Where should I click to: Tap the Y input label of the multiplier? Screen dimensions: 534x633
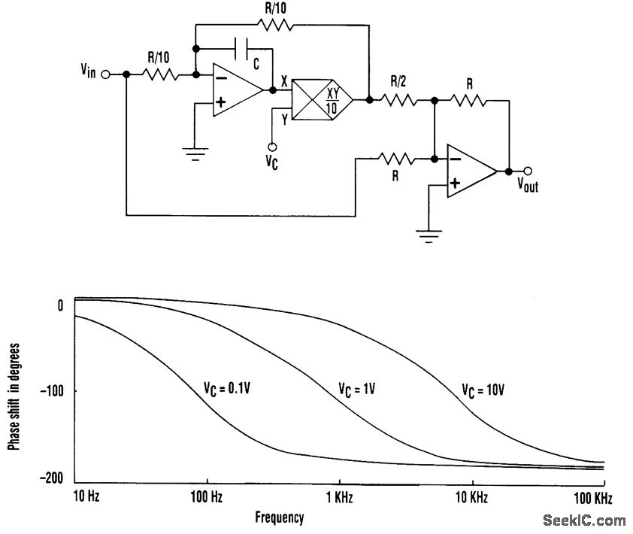pyautogui.click(x=285, y=118)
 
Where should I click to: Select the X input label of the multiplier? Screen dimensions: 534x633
pyautogui.click(x=283, y=78)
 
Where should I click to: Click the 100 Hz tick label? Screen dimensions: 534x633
pyautogui.click(x=207, y=498)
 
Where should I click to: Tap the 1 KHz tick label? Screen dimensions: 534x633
pyautogui.click(x=340, y=498)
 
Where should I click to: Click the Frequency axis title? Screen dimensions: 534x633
pyautogui.click(x=280, y=517)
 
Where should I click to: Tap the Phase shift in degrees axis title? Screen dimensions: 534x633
pyautogui.click(x=14, y=396)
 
